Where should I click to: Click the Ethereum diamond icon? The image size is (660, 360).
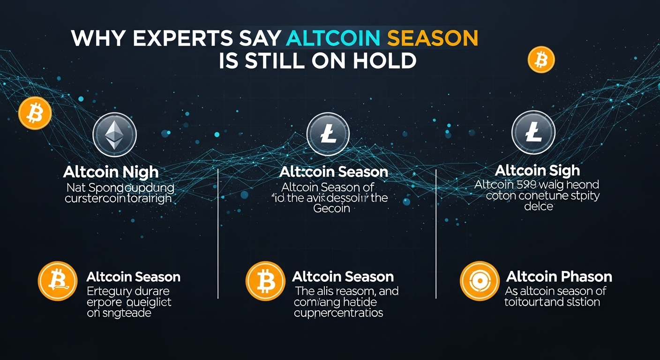pyautogui.click(x=115, y=134)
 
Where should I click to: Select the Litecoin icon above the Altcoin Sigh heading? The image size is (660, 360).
pyautogui.click(x=533, y=133)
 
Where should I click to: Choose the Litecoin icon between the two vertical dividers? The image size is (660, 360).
pyautogui.click(x=328, y=134)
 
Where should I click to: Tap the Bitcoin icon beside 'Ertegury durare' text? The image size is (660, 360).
pyautogui.click(x=58, y=281)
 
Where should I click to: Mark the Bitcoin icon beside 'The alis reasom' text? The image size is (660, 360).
pyautogui.click(x=265, y=281)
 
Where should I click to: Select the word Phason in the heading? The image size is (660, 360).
pyautogui.click(x=582, y=277)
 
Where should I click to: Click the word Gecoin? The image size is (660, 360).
pyautogui.click(x=331, y=208)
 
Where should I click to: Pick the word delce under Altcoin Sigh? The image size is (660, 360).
pyautogui.click(x=539, y=206)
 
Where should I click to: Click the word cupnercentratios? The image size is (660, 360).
pyautogui.click(x=338, y=313)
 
